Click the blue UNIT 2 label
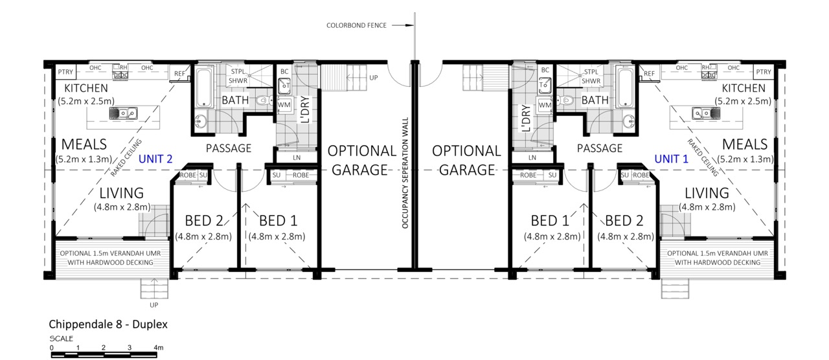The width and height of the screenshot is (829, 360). (x=155, y=159)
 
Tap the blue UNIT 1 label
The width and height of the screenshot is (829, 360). (x=672, y=159)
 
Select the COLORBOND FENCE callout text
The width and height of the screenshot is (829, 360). (x=356, y=25)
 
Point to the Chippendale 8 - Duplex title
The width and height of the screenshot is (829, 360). (x=108, y=324)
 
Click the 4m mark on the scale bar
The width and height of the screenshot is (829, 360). (x=159, y=348)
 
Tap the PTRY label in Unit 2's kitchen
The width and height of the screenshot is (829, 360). (x=65, y=72)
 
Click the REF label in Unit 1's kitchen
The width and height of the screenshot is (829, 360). (x=649, y=74)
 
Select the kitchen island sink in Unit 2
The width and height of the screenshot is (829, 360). (x=123, y=113)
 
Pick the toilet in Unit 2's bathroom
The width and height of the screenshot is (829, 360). (x=263, y=100)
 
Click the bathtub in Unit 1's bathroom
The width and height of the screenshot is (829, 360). (x=625, y=87)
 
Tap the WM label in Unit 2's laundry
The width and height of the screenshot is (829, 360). (x=284, y=105)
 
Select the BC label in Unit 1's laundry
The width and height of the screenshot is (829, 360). (x=545, y=70)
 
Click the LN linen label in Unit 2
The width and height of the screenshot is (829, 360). (x=297, y=157)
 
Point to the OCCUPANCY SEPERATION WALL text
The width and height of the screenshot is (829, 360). (x=405, y=173)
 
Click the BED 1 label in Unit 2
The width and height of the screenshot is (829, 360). (x=278, y=221)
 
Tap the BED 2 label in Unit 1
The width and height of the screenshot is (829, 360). (x=624, y=221)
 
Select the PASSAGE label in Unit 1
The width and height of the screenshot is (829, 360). (x=600, y=148)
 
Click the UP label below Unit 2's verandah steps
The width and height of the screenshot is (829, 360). (x=154, y=305)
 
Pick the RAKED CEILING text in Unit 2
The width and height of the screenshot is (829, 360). (x=126, y=157)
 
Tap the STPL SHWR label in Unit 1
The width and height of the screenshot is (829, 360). (x=591, y=76)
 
